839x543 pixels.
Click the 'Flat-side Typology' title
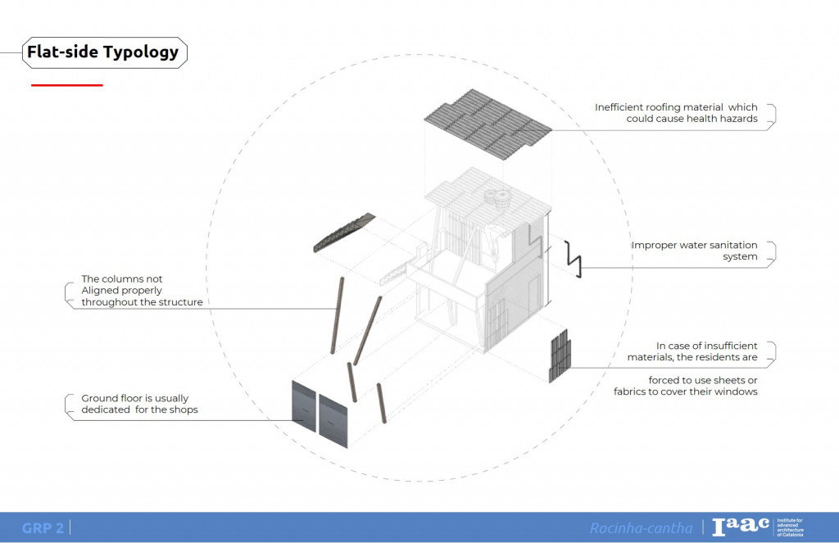pyautogui.click(x=102, y=52)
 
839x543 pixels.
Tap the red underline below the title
pyautogui.click(x=66, y=85)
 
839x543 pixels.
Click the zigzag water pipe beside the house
pyautogui.click(x=575, y=259)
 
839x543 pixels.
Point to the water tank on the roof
pyautogui.click(x=497, y=198)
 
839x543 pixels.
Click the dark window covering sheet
pyautogui.click(x=559, y=355)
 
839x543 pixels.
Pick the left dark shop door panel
pyautogui.click(x=304, y=406)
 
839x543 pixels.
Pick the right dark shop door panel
pyautogui.click(x=333, y=420)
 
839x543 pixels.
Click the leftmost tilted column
pyautogui.click(x=335, y=314)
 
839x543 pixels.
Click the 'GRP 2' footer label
pyautogui.click(x=43, y=528)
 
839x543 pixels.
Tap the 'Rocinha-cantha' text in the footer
pyautogui.click(x=641, y=528)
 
